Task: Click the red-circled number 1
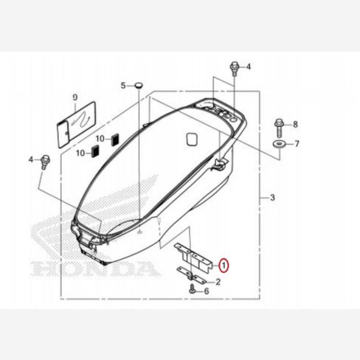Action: coord(222,264)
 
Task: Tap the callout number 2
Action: coord(218,281)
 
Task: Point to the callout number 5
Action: coord(123,86)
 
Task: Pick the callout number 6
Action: coord(206,291)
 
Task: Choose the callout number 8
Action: coord(295,124)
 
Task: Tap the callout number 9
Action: coord(75,97)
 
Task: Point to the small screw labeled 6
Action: coord(191,290)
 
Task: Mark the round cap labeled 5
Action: coord(139,86)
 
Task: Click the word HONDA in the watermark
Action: coord(97,266)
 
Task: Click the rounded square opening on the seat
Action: coord(192,139)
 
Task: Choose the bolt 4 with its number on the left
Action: coord(45,161)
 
